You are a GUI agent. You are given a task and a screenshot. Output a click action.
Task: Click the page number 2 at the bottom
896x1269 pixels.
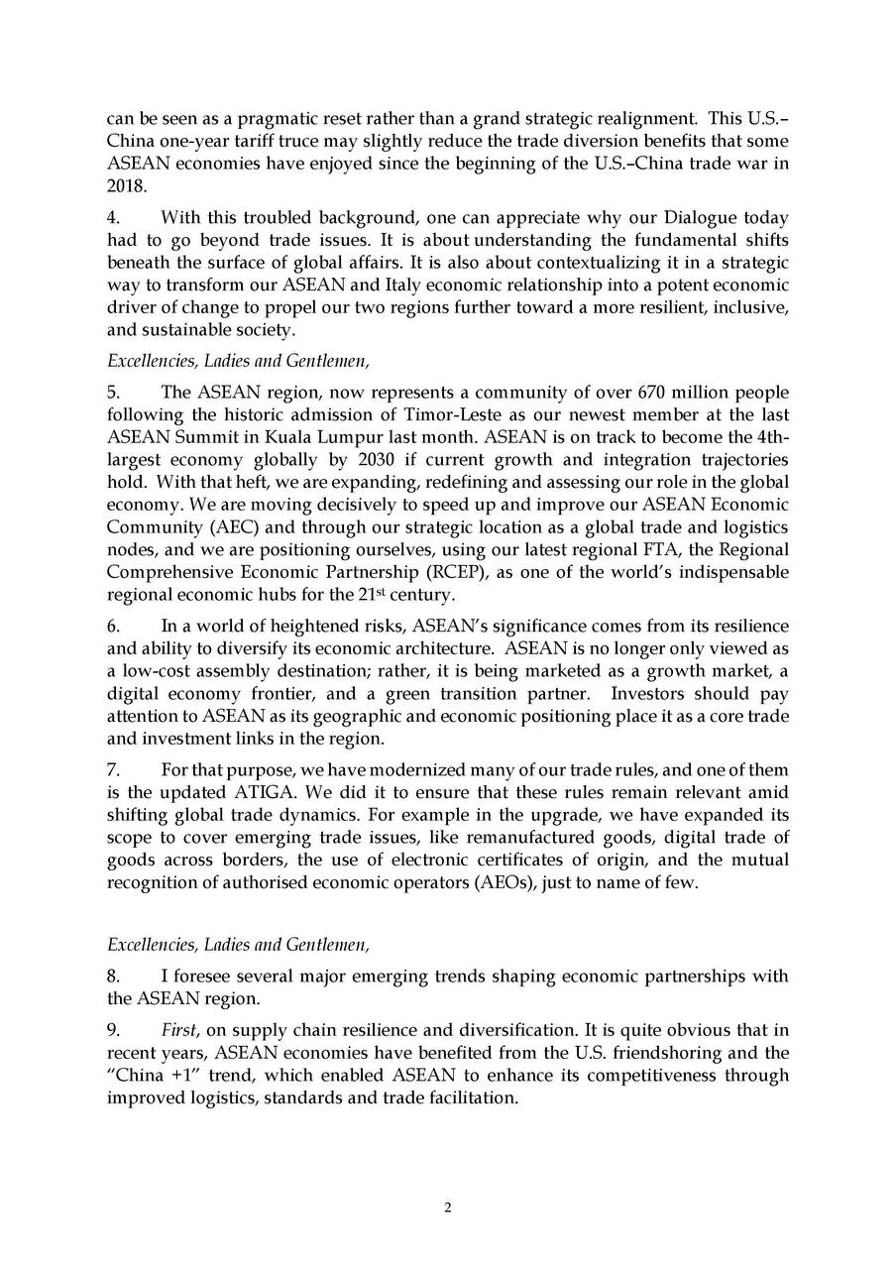coord(448,1207)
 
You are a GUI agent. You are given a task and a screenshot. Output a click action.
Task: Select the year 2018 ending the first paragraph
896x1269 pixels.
coord(125,184)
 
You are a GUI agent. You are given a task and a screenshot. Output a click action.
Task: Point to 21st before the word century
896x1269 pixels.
coord(371,595)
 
